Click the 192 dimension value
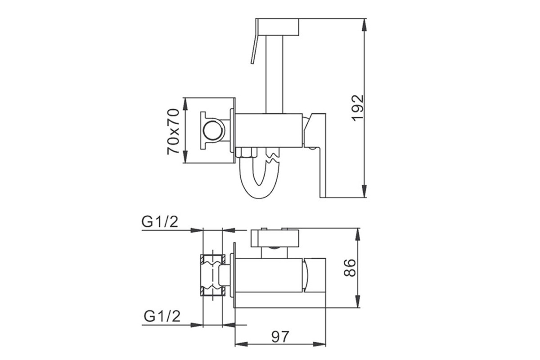point(358,108)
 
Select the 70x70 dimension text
point(173,132)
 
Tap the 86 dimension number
point(350,268)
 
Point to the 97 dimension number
point(280,337)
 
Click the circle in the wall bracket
point(212,130)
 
